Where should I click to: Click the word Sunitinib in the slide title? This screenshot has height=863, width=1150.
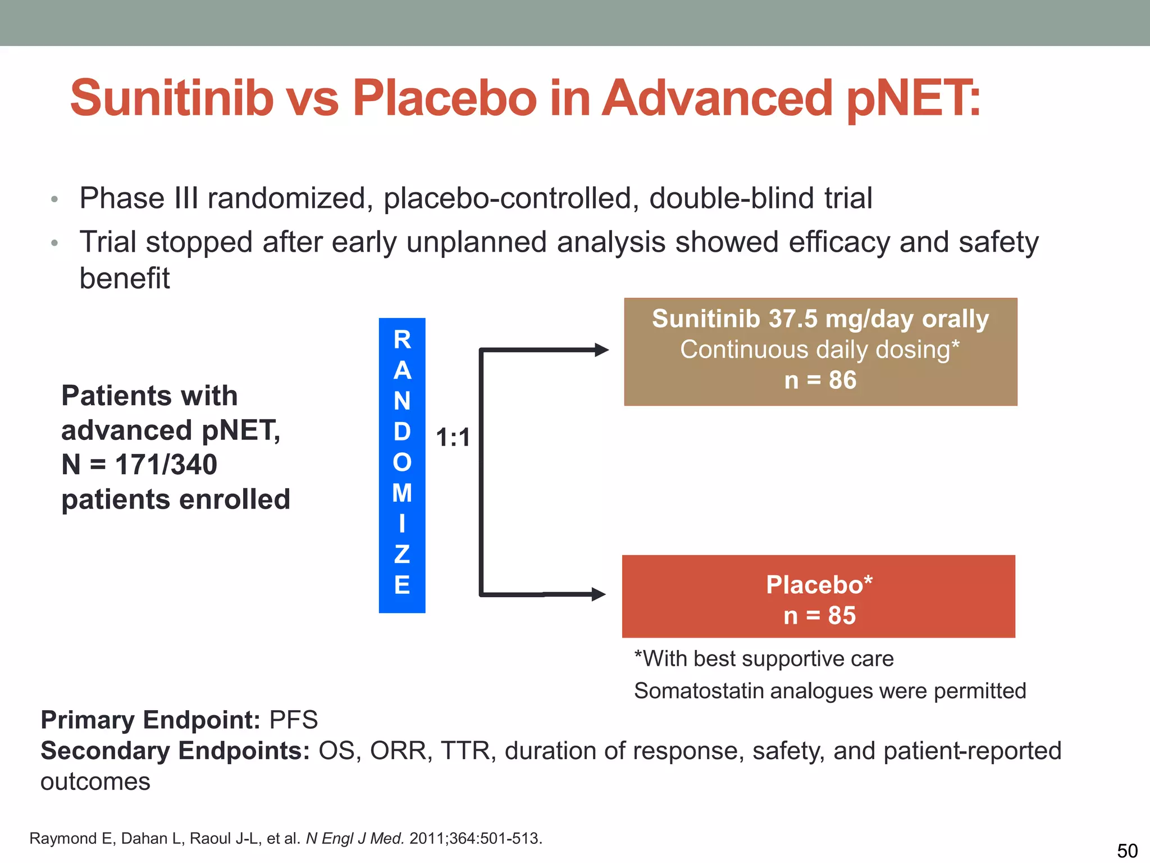pos(172,98)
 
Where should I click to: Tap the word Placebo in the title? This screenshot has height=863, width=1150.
pos(444,98)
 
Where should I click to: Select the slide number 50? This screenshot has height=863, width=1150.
pos(1127,850)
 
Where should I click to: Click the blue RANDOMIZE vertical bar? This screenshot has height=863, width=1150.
pos(402,465)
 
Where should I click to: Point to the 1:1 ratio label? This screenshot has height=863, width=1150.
pos(453,437)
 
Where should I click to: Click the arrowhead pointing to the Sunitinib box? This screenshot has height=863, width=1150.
pos(601,350)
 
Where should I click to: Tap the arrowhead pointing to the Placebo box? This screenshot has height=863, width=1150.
pos(599,594)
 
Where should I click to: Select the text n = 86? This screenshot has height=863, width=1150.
pos(820,380)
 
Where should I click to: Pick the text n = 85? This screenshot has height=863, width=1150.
pos(819,616)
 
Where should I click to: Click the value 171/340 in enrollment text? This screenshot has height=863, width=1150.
pos(166,465)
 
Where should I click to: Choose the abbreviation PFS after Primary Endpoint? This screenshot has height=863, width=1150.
pos(294,720)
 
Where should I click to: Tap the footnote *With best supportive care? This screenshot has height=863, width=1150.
pos(764,658)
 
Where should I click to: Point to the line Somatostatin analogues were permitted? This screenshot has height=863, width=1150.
pos(829,691)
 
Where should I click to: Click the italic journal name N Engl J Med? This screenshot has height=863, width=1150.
pos(355,838)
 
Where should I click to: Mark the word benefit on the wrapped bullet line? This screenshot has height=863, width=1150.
pos(125,278)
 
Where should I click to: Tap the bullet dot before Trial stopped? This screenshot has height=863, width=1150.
pos(54,243)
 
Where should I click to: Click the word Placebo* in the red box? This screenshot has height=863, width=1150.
pos(819,585)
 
